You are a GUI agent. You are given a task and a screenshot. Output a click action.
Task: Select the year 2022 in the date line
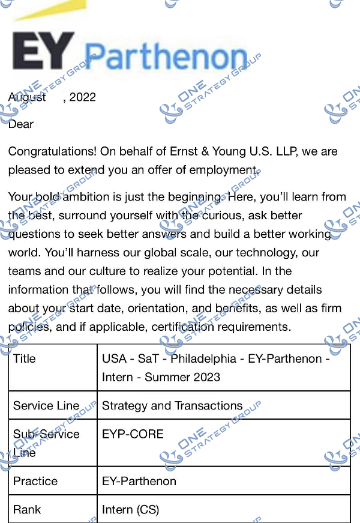pos(82,97)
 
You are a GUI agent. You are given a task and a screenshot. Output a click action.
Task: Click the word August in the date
pos(27,97)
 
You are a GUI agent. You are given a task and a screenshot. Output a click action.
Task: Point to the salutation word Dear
pos(21,124)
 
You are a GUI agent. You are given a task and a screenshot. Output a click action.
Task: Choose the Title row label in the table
pos(25,358)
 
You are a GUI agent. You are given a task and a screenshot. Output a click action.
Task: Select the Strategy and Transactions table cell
pos(172,405)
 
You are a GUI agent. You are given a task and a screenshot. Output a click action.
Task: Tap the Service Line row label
pos(46,405)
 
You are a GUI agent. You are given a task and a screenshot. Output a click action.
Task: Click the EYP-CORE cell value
pos(133,434)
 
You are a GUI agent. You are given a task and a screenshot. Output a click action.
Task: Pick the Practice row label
pos(35,481)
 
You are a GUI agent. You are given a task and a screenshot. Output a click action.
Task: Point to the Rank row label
pos(27,509)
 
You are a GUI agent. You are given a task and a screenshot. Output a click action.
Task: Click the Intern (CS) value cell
pos(130,509)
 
